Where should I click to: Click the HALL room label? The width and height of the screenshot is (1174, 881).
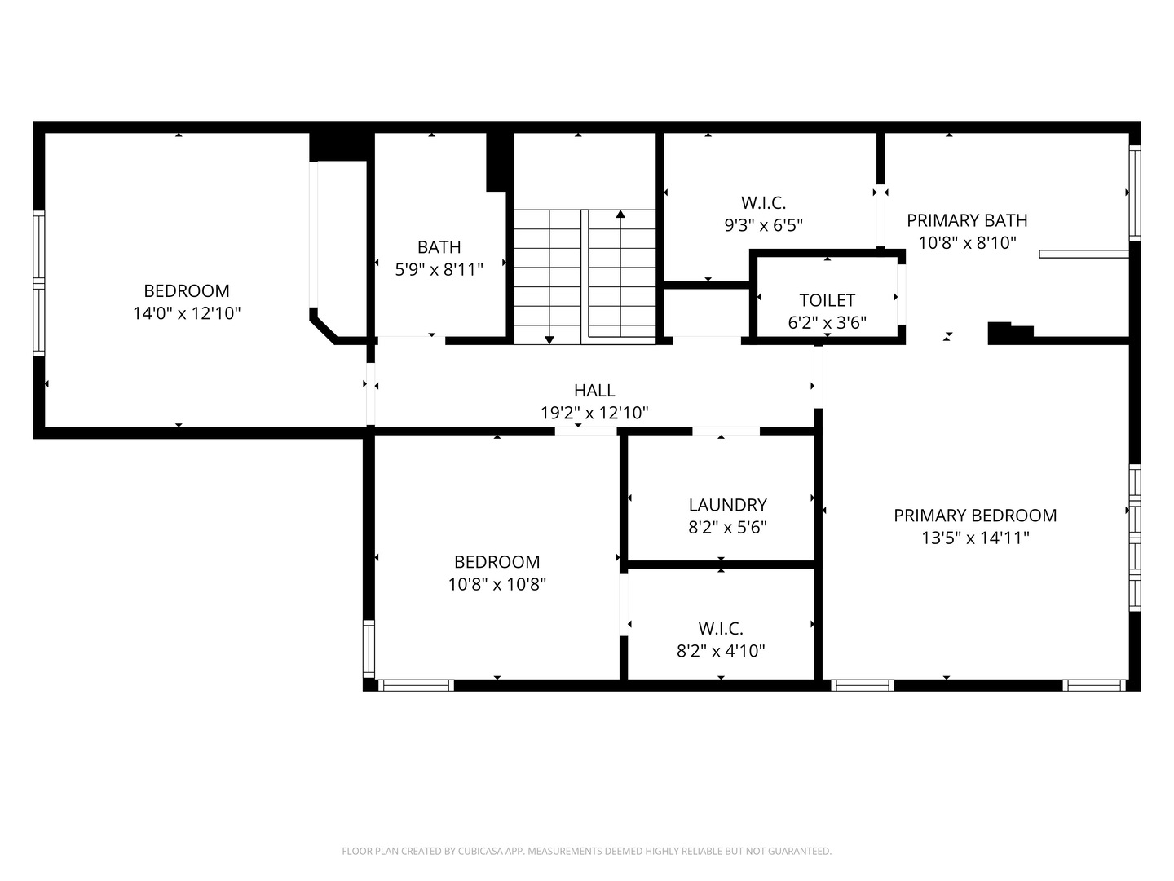[x=594, y=391]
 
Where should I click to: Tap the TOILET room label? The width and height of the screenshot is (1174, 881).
[x=827, y=300]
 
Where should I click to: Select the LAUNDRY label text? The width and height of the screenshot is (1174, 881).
[x=727, y=505]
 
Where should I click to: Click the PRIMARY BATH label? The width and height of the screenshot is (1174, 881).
[x=967, y=220]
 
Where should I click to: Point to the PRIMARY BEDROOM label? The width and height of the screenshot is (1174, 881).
[x=975, y=516]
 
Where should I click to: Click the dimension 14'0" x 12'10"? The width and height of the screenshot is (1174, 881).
[x=187, y=313]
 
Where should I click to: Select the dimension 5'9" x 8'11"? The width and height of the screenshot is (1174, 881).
[x=439, y=269]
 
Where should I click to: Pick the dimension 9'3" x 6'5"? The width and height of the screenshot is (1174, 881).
[x=763, y=225]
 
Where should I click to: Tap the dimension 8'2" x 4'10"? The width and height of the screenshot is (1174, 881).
[x=721, y=651]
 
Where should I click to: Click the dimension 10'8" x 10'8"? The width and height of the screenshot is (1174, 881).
[x=497, y=584]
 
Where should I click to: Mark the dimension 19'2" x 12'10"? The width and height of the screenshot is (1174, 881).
[x=594, y=413]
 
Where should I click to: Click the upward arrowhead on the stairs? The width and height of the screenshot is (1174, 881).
[x=620, y=214]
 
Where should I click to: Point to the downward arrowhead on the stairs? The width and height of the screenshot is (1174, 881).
[x=549, y=339]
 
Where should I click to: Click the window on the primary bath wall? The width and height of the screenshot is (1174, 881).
[x=1134, y=193]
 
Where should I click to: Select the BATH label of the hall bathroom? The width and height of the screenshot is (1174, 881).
[x=439, y=247]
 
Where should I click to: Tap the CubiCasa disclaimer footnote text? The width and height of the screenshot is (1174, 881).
[x=587, y=851]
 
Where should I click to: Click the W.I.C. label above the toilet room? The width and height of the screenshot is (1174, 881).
[x=763, y=203]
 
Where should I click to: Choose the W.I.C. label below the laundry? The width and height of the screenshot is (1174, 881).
[x=721, y=628]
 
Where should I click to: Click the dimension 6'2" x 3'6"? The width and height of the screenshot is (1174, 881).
[x=827, y=322]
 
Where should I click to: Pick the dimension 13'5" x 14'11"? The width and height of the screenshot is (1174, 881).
[x=975, y=538]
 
